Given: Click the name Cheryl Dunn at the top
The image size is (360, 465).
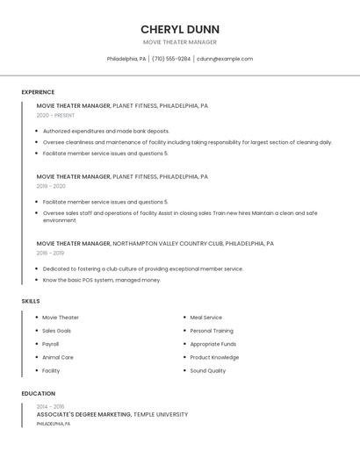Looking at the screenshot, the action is point(180,29).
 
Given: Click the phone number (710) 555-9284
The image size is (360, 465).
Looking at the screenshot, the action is point(170,59).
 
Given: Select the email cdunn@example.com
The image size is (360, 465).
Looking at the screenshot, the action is point(225,59).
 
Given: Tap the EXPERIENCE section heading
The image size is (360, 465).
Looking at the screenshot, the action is point(38,92).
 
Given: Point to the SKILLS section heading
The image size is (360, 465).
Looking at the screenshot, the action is point(31,301).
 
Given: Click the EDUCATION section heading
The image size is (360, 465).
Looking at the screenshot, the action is point(38,394).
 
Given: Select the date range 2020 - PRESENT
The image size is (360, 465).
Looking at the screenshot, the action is point(55,115).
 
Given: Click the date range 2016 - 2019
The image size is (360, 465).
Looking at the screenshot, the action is point(50,253).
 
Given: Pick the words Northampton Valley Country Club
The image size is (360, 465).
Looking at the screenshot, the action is point(168,243).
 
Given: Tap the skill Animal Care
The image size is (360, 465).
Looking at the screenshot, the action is point(58,357).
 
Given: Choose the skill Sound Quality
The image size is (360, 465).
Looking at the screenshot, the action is point(208,370).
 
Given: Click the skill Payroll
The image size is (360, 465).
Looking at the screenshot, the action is point(51,344).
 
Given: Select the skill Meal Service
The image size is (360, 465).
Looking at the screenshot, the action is point(206,318).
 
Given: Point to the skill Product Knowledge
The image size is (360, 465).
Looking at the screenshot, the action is point(214,357).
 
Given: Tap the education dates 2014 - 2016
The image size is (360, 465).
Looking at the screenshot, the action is point(50,406).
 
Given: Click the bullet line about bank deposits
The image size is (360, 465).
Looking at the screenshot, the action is point(106,131).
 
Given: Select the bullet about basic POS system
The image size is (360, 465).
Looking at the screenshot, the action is point(102,280).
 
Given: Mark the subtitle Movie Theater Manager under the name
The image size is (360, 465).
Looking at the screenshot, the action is point(180,42).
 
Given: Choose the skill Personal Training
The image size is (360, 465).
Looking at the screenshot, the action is point(212,331).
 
